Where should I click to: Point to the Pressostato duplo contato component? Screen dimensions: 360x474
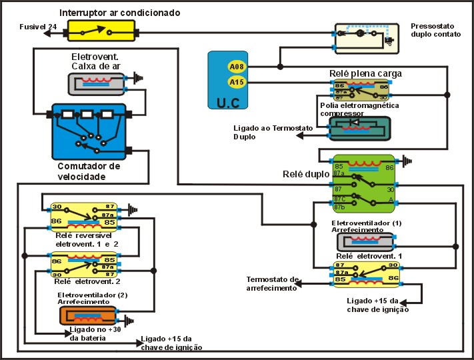[363, 37]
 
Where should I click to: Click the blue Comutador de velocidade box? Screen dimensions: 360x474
[89, 131]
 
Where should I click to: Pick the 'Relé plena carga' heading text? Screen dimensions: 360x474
[365, 73]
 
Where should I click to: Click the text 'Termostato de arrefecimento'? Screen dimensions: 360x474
[272, 284]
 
